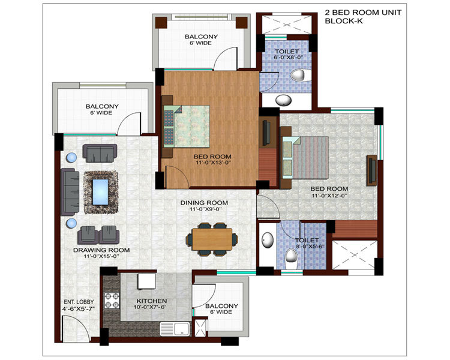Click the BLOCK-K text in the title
tap(344, 21)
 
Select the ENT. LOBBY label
tap(79, 302)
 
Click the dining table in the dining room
tap(212, 239)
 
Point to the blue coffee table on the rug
tap(100, 192)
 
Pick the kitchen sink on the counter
tap(175, 329)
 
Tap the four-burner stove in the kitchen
tap(112, 300)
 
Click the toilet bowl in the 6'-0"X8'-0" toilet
tap(298, 75)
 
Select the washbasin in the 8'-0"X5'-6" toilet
tap(268, 240)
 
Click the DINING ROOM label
tap(204, 203)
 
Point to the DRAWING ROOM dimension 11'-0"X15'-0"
tap(101, 256)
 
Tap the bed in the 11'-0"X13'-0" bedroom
tap(187, 127)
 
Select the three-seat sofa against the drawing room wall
tap(70, 192)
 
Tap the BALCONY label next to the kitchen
tap(221, 306)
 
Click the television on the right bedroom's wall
tap(372, 170)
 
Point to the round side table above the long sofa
tap(71, 158)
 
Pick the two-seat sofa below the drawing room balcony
tap(100, 153)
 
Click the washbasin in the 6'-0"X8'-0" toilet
tap(284, 100)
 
